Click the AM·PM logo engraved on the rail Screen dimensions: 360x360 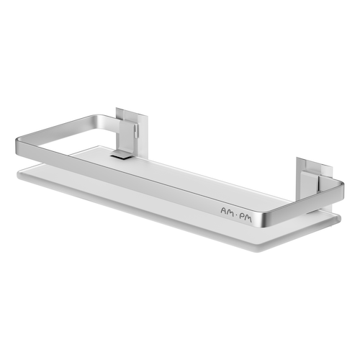(238, 210)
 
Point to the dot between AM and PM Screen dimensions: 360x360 (238, 210)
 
